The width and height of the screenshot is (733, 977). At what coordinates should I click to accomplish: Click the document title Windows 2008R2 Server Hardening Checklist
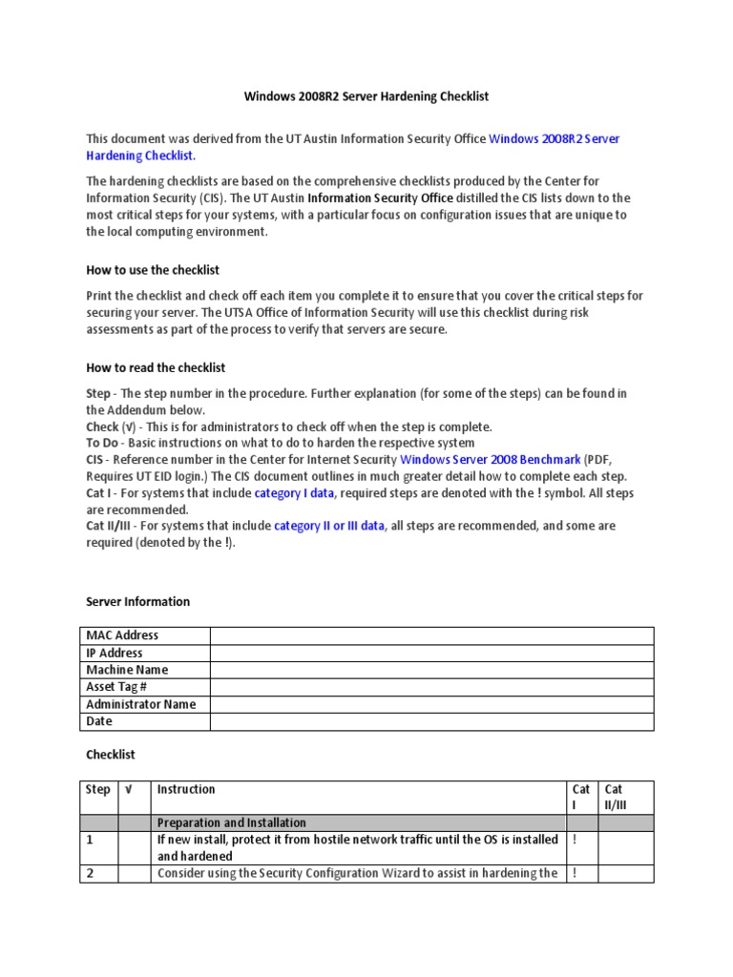[366, 96]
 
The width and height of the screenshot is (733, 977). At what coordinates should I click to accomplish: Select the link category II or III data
[329, 526]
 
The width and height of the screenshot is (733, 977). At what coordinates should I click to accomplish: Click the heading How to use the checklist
[153, 270]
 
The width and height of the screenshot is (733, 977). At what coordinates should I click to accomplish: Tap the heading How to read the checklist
[156, 367]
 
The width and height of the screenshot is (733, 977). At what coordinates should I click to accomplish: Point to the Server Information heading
[137, 602]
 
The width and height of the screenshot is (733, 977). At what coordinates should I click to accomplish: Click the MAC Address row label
[122, 635]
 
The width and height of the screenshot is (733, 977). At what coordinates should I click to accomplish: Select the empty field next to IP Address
[431, 653]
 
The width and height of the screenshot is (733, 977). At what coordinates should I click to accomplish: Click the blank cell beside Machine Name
[431, 670]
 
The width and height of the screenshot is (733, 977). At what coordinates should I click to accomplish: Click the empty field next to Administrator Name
[431, 704]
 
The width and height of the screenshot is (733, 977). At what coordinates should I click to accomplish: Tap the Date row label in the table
[99, 722]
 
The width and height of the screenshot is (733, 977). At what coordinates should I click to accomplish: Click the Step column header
[98, 790]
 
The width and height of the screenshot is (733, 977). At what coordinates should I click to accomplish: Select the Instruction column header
[186, 790]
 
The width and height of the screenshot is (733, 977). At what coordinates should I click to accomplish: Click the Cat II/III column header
[626, 798]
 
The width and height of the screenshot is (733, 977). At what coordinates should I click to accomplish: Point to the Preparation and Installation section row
[232, 822]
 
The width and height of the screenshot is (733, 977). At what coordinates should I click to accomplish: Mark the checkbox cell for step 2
[134, 873]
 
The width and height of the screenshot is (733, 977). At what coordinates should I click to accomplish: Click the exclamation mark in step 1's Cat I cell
[574, 841]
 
